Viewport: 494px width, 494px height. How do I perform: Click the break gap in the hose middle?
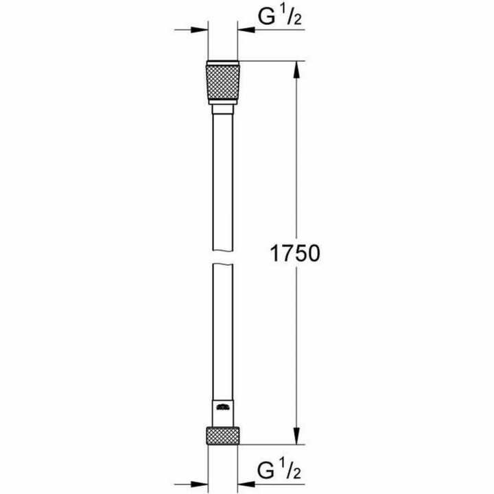[x=222, y=261]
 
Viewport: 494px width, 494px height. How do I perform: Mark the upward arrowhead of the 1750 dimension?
[x=296, y=69]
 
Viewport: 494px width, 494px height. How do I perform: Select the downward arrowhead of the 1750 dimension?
[x=296, y=438]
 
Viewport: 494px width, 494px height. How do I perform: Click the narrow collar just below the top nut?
[x=222, y=109]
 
